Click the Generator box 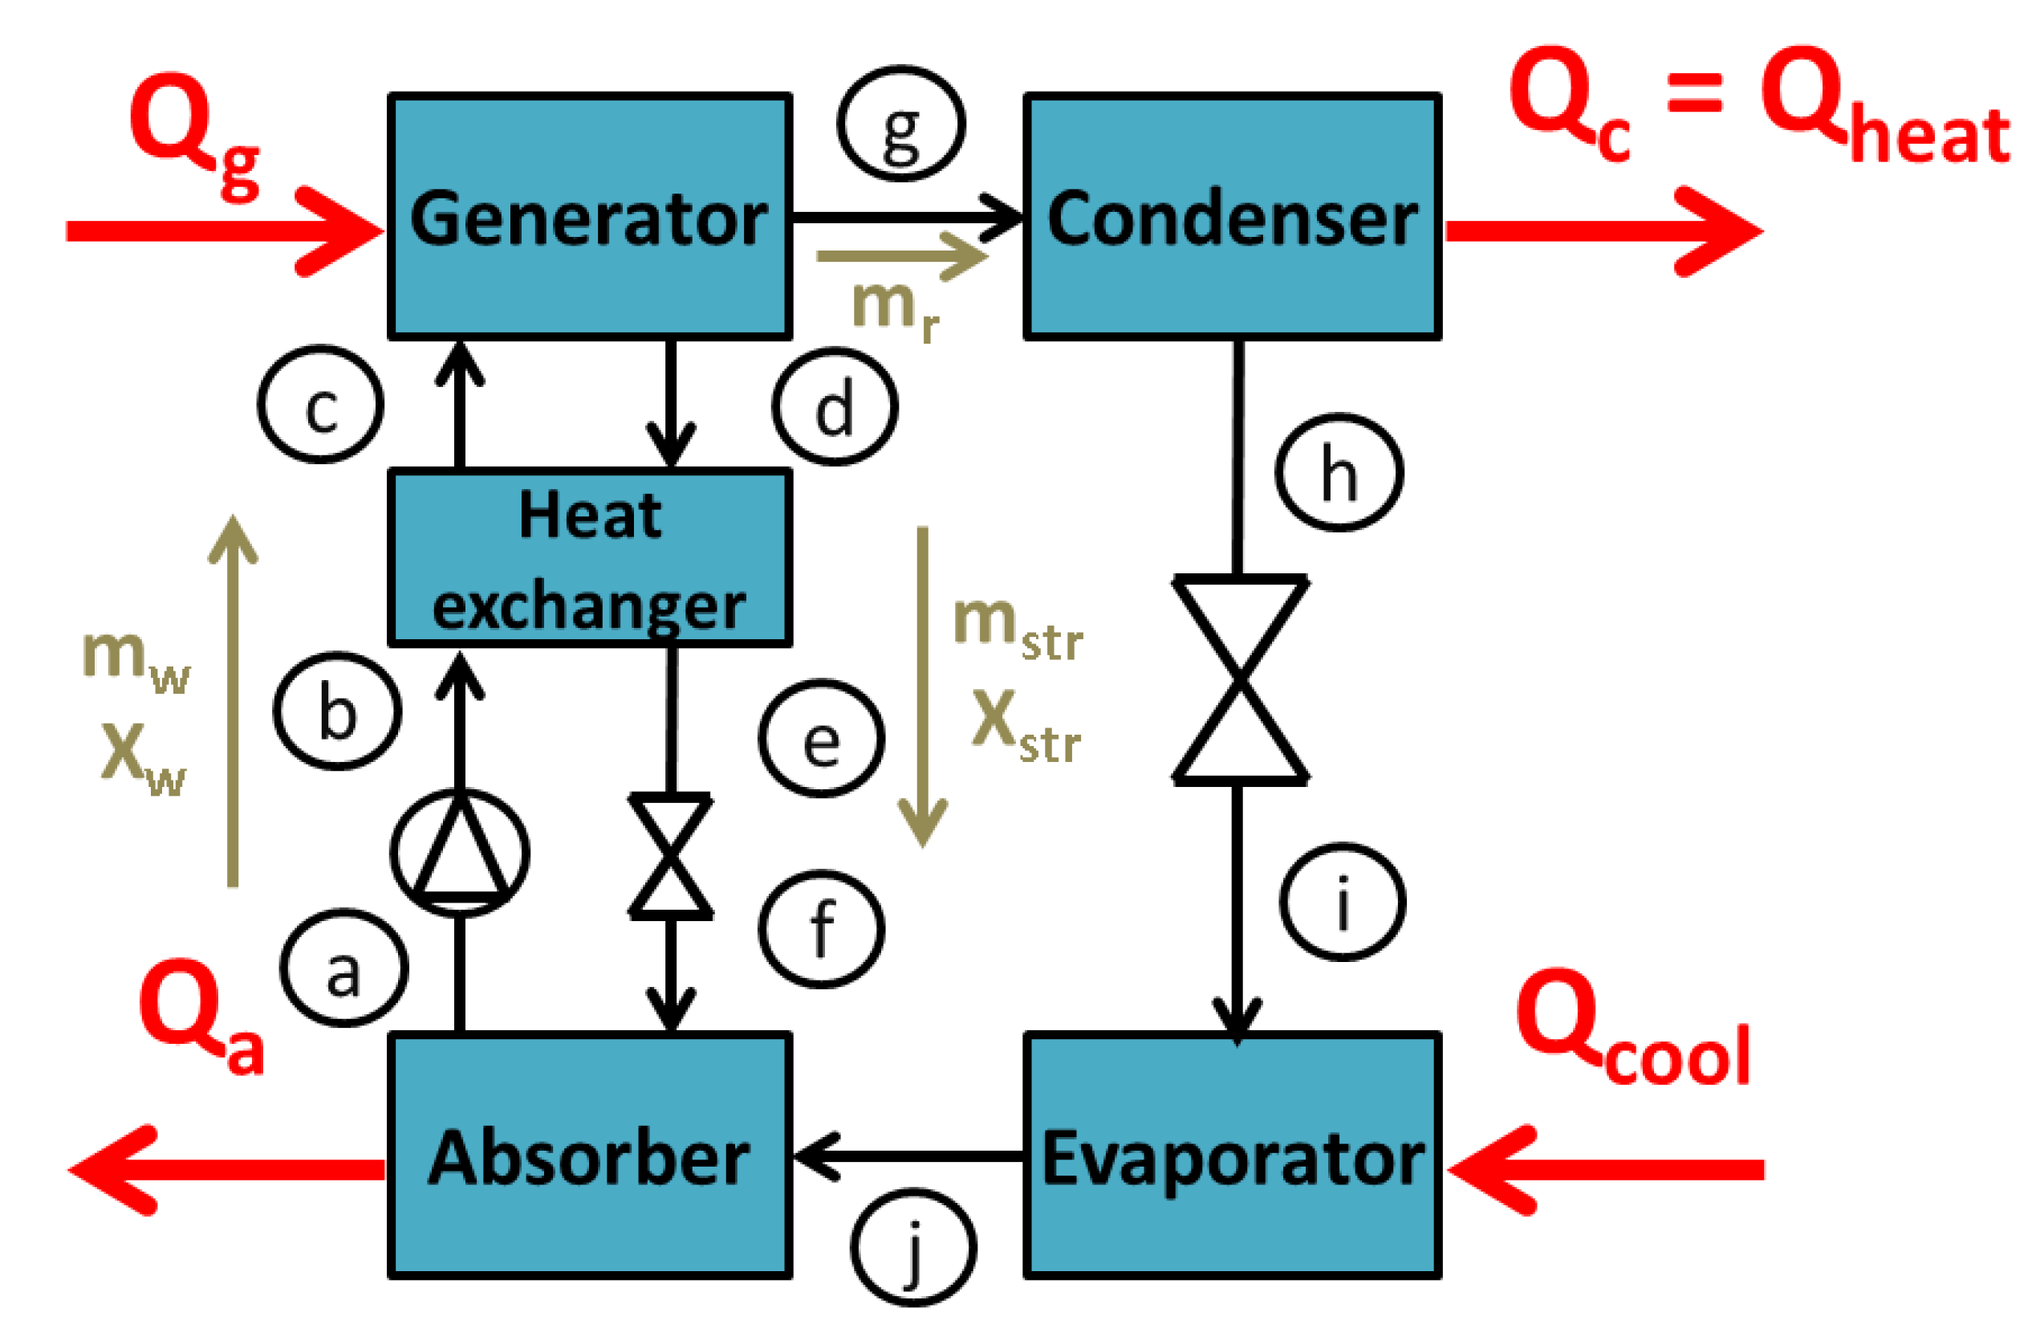pos(590,216)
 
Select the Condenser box pos(1232,216)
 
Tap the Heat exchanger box pos(590,557)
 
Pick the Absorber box pos(590,1156)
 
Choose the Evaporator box pos(1232,1156)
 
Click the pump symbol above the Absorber pos(461,853)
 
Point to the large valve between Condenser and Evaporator pos(1239,681)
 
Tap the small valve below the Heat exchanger pos(670,857)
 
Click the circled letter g pos(901,124)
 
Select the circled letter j pos(914,1247)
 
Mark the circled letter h pos(1339,472)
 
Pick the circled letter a pos(343,968)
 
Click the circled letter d pos(835,406)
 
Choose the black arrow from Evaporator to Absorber pos(908,1156)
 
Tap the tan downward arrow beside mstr pos(922,686)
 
